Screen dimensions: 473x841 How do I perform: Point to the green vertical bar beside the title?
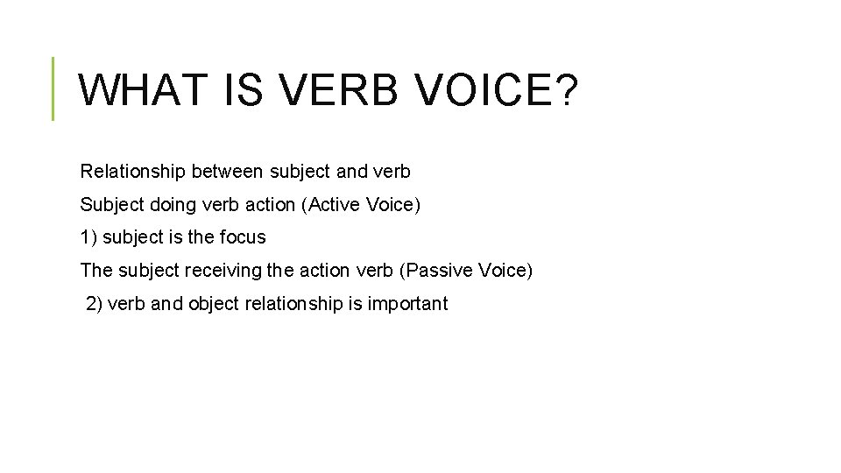(x=53, y=88)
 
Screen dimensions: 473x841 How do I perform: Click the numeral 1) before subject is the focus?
(x=88, y=237)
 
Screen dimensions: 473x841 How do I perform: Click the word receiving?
(x=218, y=271)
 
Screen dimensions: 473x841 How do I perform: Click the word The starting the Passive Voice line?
(x=96, y=271)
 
